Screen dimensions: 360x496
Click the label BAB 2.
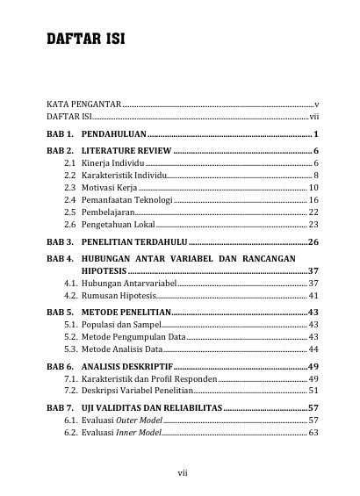pyautogui.click(x=61, y=152)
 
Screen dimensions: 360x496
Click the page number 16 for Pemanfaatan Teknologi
pyautogui.click(x=313, y=200)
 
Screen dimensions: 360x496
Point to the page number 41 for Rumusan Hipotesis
pyautogui.click(x=313, y=296)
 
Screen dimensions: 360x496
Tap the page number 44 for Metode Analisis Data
pyautogui.click(x=313, y=349)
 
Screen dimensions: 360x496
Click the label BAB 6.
pyautogui.click(x=61, y=366)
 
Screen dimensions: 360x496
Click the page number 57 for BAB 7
pyautogui.click(x=312, y=409)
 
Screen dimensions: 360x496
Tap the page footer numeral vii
pyautogui.click(x=182, y=472)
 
